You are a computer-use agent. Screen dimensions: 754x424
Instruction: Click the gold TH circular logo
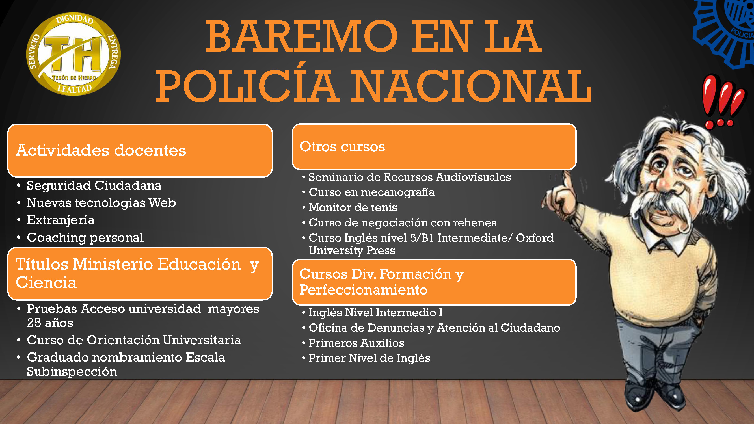coord(74,54)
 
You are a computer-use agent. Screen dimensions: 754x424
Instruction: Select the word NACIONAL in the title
coord(471,86)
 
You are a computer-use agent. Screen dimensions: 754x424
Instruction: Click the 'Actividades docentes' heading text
coord(101,150)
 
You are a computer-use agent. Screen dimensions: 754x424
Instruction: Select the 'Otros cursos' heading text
coord(342,146)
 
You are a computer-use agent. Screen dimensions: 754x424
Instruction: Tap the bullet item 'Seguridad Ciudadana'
coord(94,185)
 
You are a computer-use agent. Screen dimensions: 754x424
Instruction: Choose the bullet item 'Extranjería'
coord(61,220)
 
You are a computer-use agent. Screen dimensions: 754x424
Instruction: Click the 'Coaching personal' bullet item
coord(85,237)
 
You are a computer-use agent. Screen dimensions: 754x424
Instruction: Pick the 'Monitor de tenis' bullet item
coord(353,207)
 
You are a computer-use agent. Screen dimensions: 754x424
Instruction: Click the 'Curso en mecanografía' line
coord(372,192)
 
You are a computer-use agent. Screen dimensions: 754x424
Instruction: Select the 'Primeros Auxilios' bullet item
coord(356,343)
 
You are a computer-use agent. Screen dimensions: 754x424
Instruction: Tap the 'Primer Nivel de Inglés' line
coord(370,358)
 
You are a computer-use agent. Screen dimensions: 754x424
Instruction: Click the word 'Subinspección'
coord(72,372)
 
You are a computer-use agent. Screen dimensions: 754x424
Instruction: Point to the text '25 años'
coord(50,323)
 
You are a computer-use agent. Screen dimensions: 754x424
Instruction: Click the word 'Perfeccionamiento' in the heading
coord(363,290)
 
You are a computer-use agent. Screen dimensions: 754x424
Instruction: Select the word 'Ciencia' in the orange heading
coord(46,283)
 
